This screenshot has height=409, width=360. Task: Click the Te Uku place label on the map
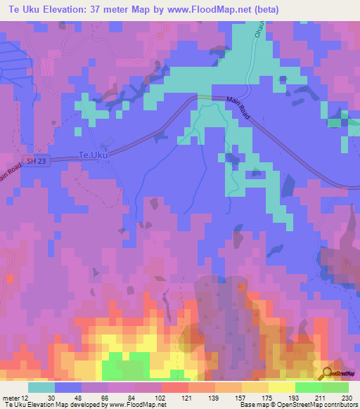coord(94,155)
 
